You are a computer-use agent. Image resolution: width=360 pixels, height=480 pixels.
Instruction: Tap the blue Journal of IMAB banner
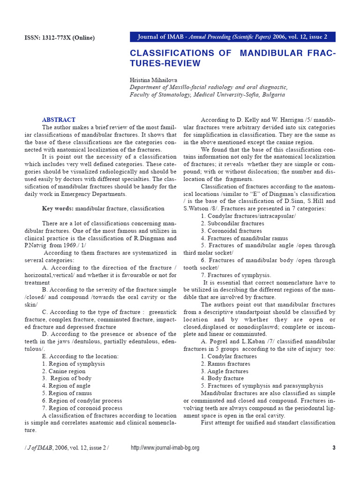coord(232,37)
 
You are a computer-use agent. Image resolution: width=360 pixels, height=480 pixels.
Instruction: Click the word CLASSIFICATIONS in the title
coord(180,53)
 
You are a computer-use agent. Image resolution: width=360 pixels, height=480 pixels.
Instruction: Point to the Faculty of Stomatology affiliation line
coord(207,94)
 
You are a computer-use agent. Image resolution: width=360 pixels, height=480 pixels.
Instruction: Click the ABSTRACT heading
coord(59,120)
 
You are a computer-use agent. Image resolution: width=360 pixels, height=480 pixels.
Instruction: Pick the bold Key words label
coord(58,208)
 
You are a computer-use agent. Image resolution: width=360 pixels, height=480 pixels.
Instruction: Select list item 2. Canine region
coord(64,371)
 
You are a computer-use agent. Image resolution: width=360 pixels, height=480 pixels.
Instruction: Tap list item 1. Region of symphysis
coord(73,364)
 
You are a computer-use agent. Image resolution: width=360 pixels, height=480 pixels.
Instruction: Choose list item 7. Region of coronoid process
coord(82,408)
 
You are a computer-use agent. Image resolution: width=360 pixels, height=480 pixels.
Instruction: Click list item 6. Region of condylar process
coord(82,401)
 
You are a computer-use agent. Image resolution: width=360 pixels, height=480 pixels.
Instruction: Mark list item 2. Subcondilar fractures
coord(232,224)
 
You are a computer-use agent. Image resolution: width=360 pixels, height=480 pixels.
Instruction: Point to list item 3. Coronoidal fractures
coord(231,231)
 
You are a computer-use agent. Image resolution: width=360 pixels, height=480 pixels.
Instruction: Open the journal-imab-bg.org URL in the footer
coord(165,448)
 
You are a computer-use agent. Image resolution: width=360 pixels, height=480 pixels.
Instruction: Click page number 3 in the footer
coord(334,448)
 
